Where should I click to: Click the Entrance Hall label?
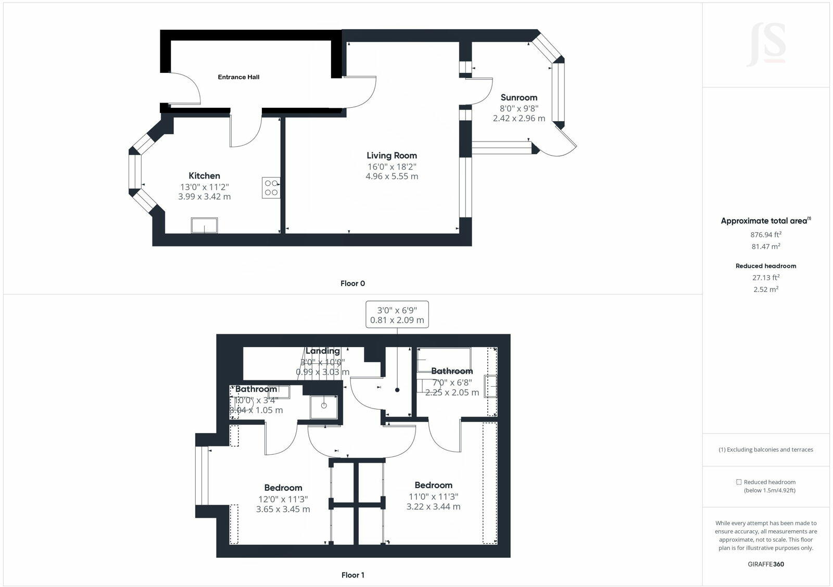pyautogui.click(x=238, y=77)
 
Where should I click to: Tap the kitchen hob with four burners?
pyautogui.click(x=271, y=188)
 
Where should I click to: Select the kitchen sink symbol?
pyautogui.click(x=204, y=225)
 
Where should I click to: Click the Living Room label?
pyautogui.click(x=392, y=155)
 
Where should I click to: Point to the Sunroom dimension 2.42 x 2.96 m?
pyautogui.click(x=519, y=118)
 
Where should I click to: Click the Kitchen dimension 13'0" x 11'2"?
pyautogui.click(x=204, y=187)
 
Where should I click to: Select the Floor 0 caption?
pyautogui.click(x=352, y=284)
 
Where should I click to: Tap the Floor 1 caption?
pyautogui.click(x=352, y=575)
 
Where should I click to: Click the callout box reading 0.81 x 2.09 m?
pyautogui.click(x=397, y=314)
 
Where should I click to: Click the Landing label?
pyautogui.click(x=322, y=351)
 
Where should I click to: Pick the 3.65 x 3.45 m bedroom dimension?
pyautogui.click(x=283, y=509)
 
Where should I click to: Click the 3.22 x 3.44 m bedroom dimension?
pyautogui.click(x=433, y=506)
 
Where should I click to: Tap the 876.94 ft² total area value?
pyautogui.click(x=765, y=235)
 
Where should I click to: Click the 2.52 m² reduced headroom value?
pyautogui.click(x=765, y=289)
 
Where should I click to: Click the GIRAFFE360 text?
pyautogui.click(x=765, y=564)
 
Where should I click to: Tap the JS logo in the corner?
pyautogui.click(x=766, y=45)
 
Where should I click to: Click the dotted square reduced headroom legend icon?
pyautogui.click(x=738, y=482)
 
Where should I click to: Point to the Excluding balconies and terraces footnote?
pyautogui.click(x=765, y=450)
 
